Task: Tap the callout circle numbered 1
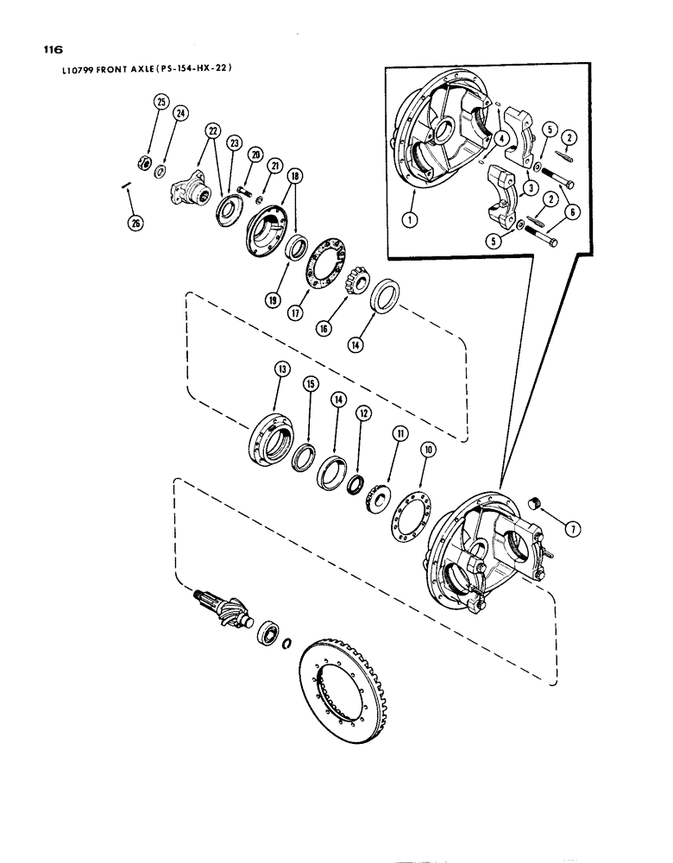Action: click(x=412, y=219)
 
